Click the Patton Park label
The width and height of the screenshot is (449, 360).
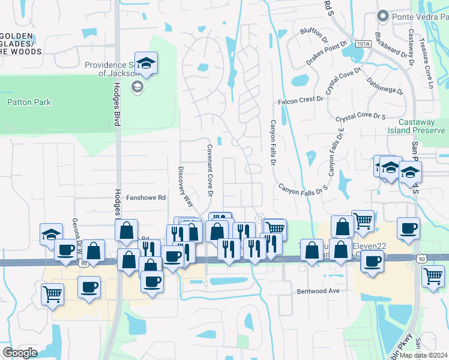coord(29,103)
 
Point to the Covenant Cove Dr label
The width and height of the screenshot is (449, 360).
coord(210,171)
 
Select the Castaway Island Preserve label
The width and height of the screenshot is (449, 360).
coord(417,126)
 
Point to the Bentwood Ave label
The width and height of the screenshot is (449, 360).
coord(318,291)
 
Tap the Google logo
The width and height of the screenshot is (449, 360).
coord(20,353)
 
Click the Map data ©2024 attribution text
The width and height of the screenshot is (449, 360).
coord(424,355)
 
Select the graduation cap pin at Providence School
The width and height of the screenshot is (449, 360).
coord(145,62)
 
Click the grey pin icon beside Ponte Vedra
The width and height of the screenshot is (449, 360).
coord(381,16)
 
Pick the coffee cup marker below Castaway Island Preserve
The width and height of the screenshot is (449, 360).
coord(408,229)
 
